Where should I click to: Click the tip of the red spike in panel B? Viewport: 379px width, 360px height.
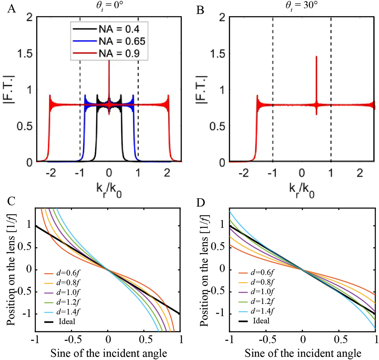pos(316,57)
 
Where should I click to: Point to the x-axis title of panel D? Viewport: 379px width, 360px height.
pos(303,353)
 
